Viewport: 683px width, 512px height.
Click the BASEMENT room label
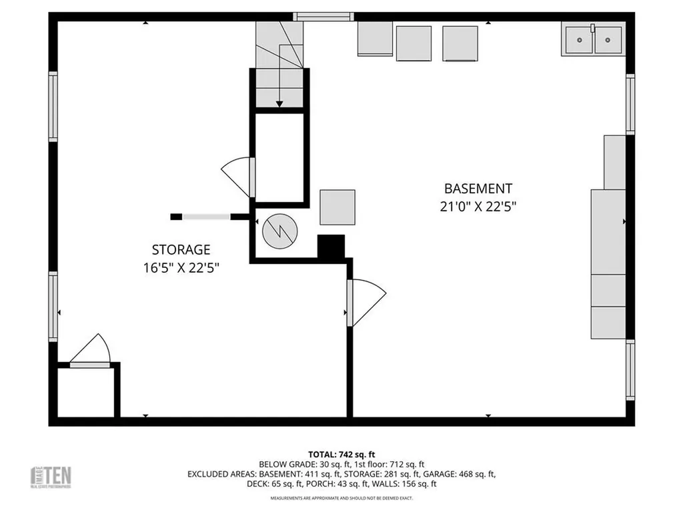pyautogui.click(x=478, y=189)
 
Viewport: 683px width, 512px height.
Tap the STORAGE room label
pyautogui.click(x=181, y=250)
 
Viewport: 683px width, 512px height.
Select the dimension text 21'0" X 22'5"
pyautogui.click(x=478, y=207)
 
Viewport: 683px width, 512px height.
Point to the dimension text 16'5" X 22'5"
pyautogui.click(x=181, y=268)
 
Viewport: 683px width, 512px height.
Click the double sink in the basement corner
pyautogui.click(x=593, y=39)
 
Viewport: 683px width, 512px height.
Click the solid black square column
pyautogui.click(x=331, y=247)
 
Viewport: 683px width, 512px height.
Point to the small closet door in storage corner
pyautogui.click(x=91, y=351)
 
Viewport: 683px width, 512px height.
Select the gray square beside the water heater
pyautogui.click(x=337, y=207)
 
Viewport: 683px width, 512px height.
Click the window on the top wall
pyautogui.click(x=323, y=17)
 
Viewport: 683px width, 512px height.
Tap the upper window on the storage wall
pyautogui.click(x=53, y=107)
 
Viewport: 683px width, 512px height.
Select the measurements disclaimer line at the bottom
pyautogui.click(x=341, y=498)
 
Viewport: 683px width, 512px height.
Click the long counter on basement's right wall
pyautogui.click(x=608, y=264)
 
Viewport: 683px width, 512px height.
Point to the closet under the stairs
pyautogui.click(x=279, y=157)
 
